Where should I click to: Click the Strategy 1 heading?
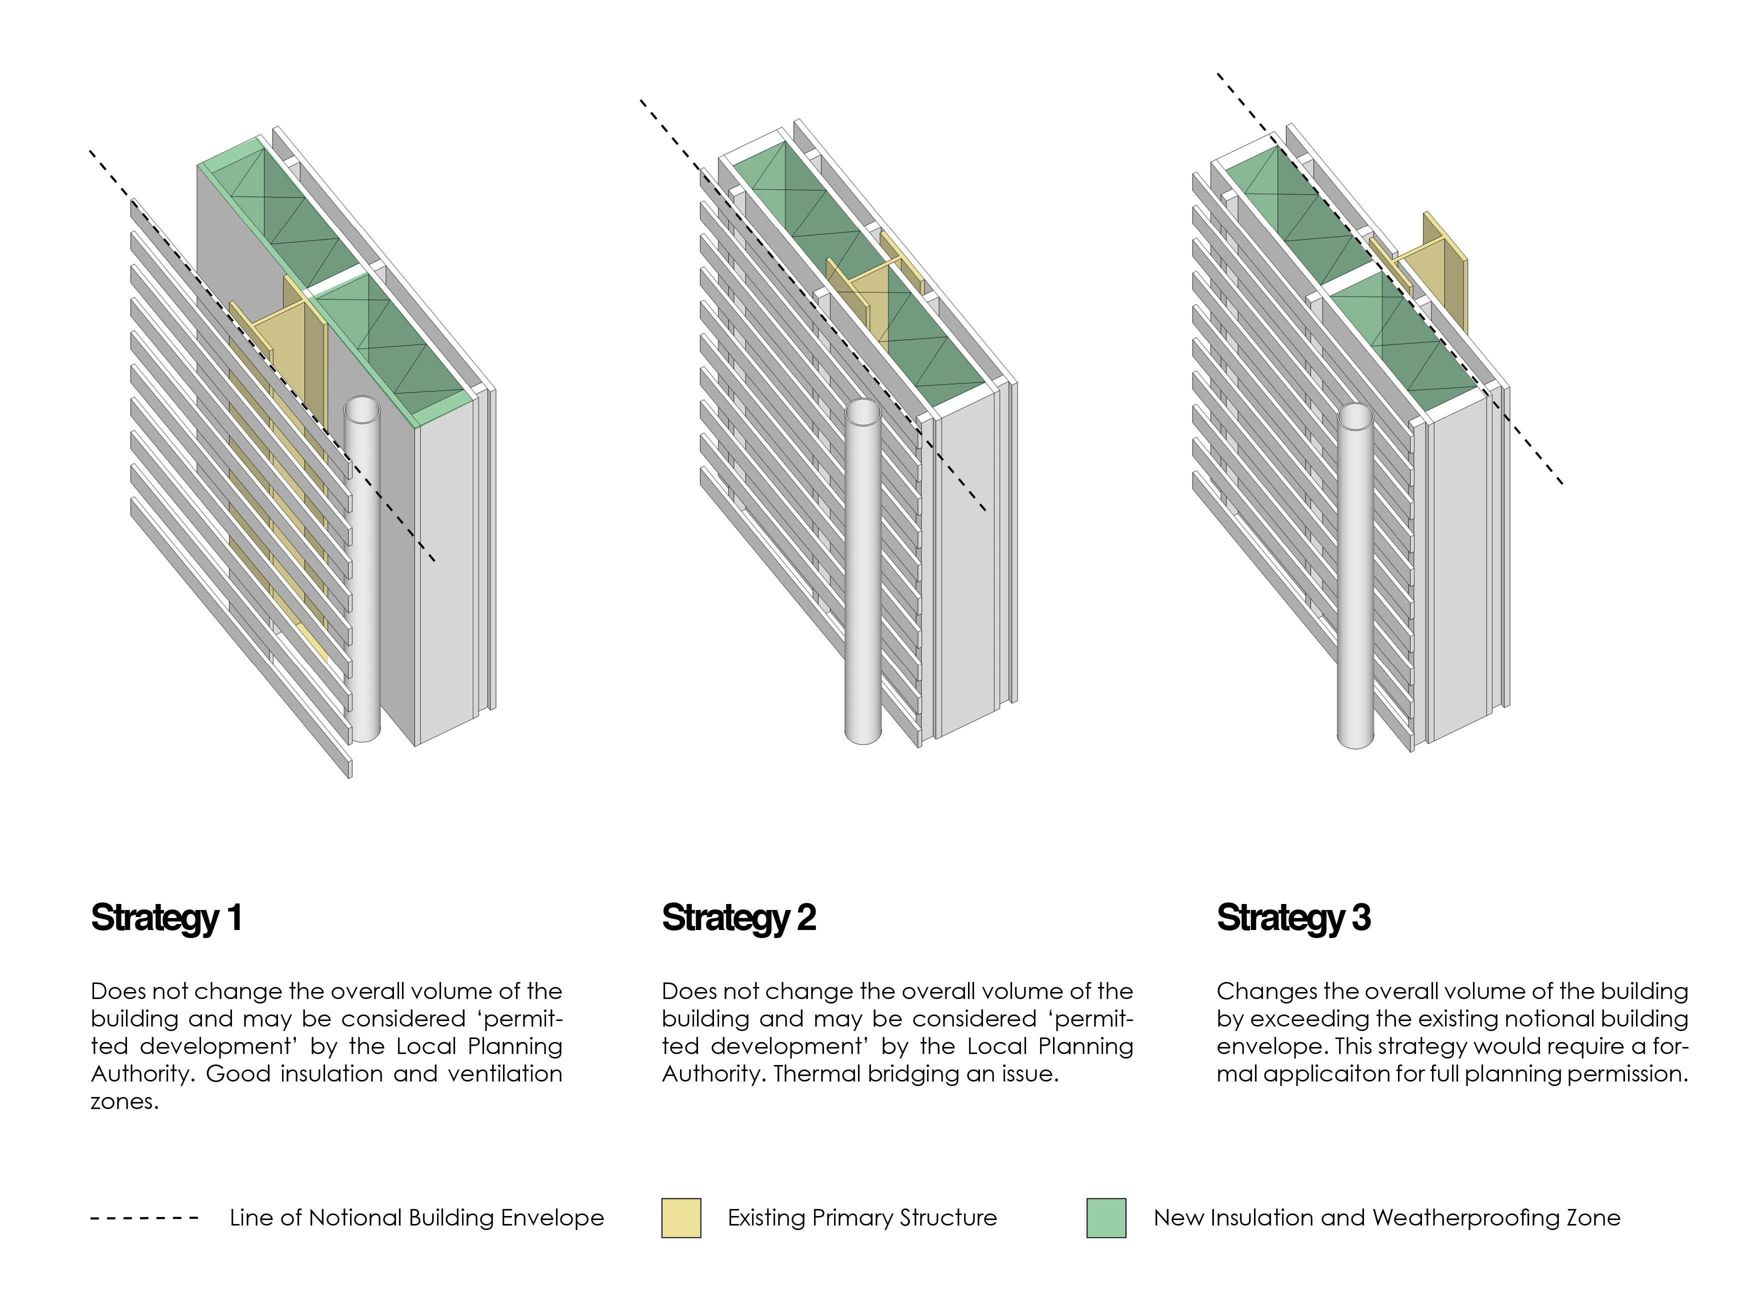pos(166,917)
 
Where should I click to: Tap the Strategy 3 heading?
pos(1293,917)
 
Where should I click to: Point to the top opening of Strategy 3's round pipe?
pos(1354,416)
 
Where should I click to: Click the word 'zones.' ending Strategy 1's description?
pos(124,1101)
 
